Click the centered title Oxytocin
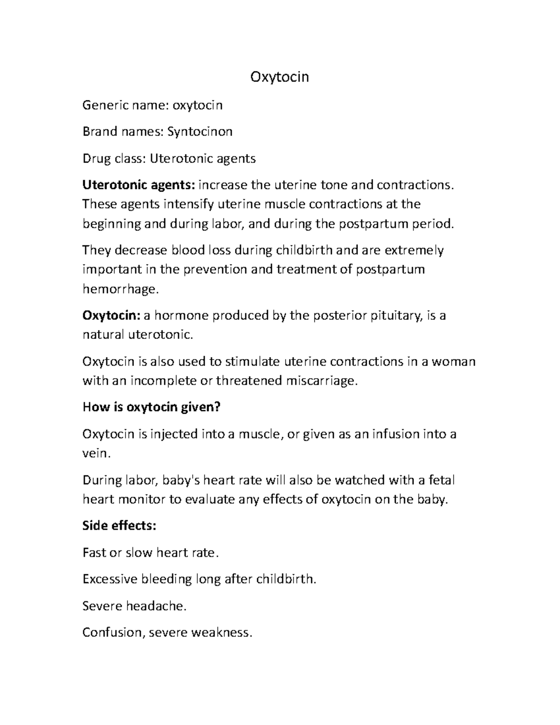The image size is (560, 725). (280, 77)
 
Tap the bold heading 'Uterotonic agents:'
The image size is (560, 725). (139, 185)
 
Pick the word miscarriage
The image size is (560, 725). (322, 381)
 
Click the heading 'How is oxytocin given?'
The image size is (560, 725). (151, 407)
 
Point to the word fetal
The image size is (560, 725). (441, 480)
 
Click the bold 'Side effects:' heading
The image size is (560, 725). (119, 526)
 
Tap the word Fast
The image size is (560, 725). (94, 553)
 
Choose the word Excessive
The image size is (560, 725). (110, 579)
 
